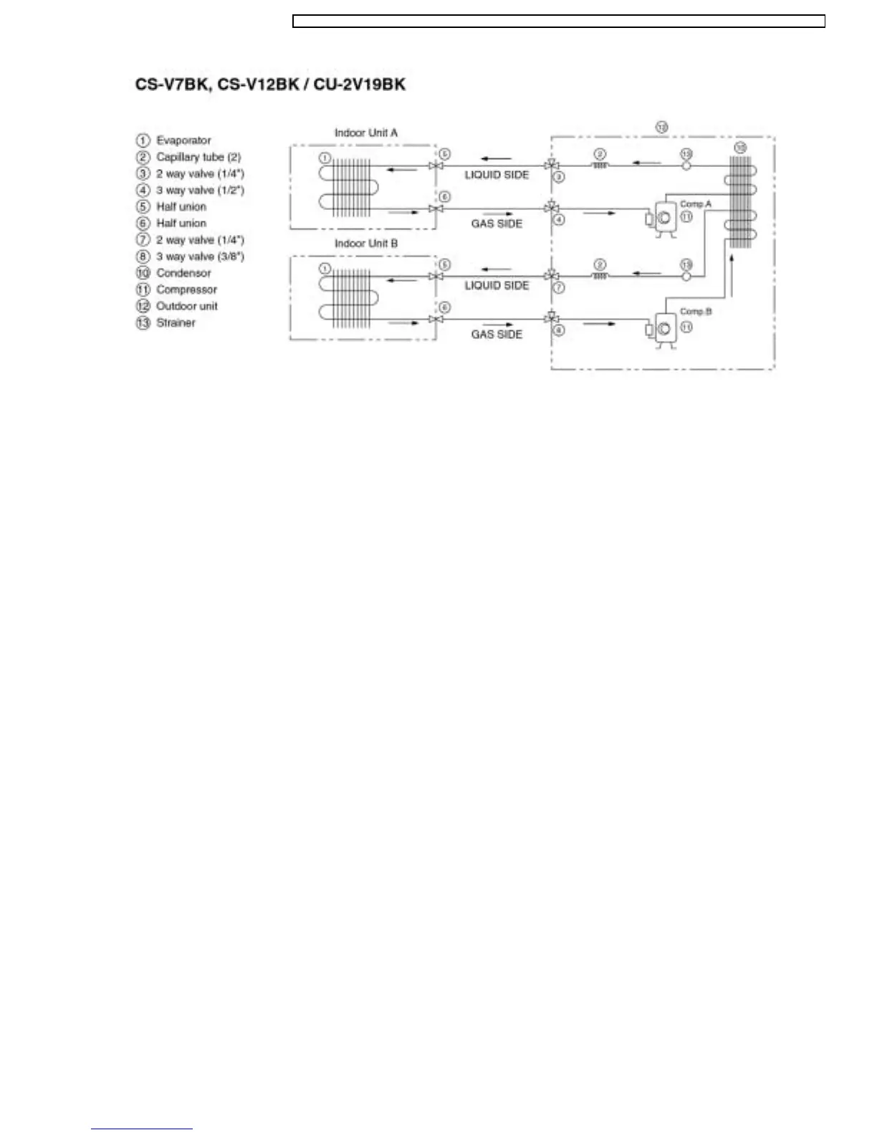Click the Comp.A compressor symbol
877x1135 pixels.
665,218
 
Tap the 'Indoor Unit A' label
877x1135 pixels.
366,133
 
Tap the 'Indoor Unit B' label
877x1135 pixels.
366,244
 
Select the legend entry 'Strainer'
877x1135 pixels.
176,323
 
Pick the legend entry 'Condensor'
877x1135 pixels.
183,273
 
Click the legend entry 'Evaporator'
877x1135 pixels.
183,140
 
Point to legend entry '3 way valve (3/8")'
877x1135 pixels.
200,257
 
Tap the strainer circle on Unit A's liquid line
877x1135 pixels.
686,166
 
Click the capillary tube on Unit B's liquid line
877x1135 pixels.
600,276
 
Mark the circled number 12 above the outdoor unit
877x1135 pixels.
662,126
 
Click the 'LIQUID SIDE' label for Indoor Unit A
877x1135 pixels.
497,175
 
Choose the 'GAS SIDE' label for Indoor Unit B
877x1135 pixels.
497,335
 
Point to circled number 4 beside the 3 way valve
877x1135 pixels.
560,219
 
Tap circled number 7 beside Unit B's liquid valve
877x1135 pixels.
560,287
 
